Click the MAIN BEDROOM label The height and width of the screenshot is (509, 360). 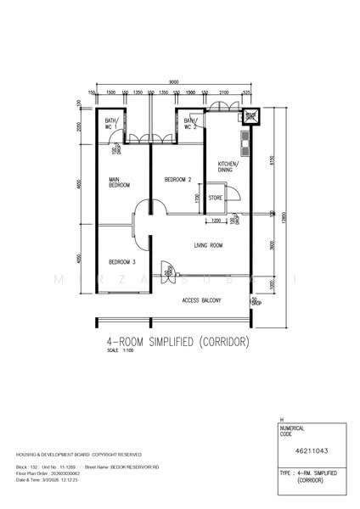click(x=119, y=182)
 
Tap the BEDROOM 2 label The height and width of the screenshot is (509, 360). click(x=177, y=179)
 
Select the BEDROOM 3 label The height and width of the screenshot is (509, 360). click(x=122, y=261)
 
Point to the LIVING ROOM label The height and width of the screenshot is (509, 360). click(x=208, y=246)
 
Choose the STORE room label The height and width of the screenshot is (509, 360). click(x=216, y=198)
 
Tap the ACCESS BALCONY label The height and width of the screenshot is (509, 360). click(x=202, y=301)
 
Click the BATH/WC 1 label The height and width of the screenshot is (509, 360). click(x=111, y=124)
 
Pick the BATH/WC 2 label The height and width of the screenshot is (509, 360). click(x=190, y=124)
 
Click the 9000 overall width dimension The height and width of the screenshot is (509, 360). click(x=173, y=81)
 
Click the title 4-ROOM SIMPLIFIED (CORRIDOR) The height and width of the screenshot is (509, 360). click(x=177, y=342)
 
